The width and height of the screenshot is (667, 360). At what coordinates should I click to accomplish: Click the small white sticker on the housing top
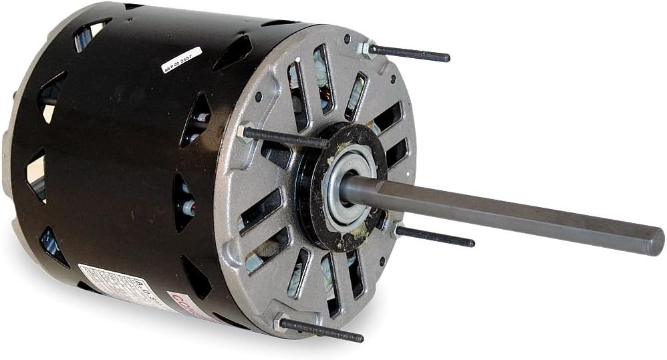click(182, 59)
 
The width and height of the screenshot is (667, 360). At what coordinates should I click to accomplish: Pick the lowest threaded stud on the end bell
click(321, 331)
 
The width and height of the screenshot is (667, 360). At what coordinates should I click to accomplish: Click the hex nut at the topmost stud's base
click(364, 47)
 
